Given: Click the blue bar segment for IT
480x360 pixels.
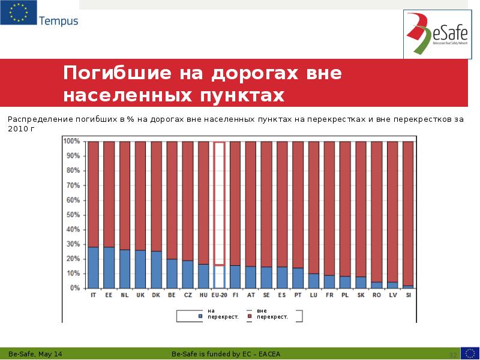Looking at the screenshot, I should (93, 268).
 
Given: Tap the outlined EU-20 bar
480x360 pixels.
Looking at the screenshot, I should (220, 204).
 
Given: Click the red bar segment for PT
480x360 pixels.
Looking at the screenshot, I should (298, 204).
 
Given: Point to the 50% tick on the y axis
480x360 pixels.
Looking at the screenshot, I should (71, 215).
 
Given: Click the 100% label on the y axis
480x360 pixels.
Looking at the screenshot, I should (71, 141).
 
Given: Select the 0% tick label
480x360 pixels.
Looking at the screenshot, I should (74, 288).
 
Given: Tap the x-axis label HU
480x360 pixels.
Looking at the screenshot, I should (203, 296).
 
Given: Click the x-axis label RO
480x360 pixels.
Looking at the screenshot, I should (376, 296).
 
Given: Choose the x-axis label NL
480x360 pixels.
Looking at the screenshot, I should (124, 296).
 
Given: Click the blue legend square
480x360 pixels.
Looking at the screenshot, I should (200, 316).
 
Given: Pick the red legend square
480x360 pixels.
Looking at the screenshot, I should (248, 316).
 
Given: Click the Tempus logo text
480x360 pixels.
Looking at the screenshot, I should (58, 21).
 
